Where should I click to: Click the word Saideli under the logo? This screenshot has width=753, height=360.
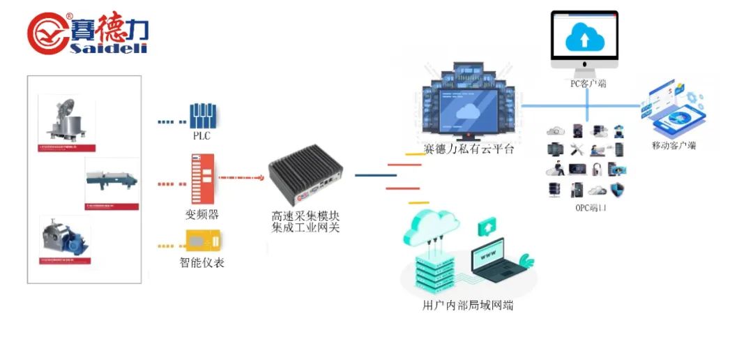[x=108, y=47]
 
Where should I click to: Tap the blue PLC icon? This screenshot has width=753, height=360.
[x=204, y=116]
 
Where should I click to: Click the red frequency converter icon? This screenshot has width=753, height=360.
[x=201, y=178]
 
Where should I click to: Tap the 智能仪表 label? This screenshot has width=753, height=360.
[x=202, y=263]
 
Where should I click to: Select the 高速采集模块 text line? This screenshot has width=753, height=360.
[x=305, y=216]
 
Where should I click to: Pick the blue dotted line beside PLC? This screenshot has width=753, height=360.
[x=168, y=121]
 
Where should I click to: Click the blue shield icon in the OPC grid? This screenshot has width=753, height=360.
[x=617, y=190]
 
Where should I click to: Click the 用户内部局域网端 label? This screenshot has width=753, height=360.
[x=468, y=305]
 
